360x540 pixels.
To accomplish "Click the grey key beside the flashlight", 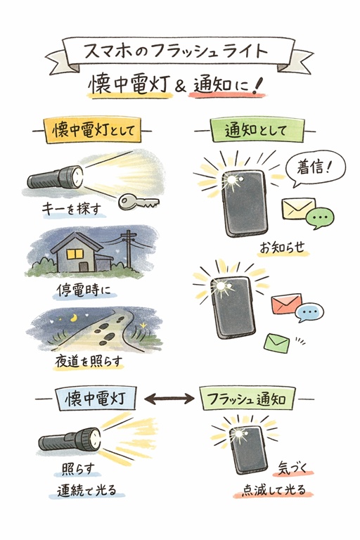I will pyautogui.click(x=137, y=202).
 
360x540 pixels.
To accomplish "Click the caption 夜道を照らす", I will pyautogui.click(x=89, y=361).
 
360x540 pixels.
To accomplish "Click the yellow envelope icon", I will pyautogui.click(x=295, y=209).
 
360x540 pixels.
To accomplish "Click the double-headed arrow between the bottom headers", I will pyautogui.click(x=169, y=399).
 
